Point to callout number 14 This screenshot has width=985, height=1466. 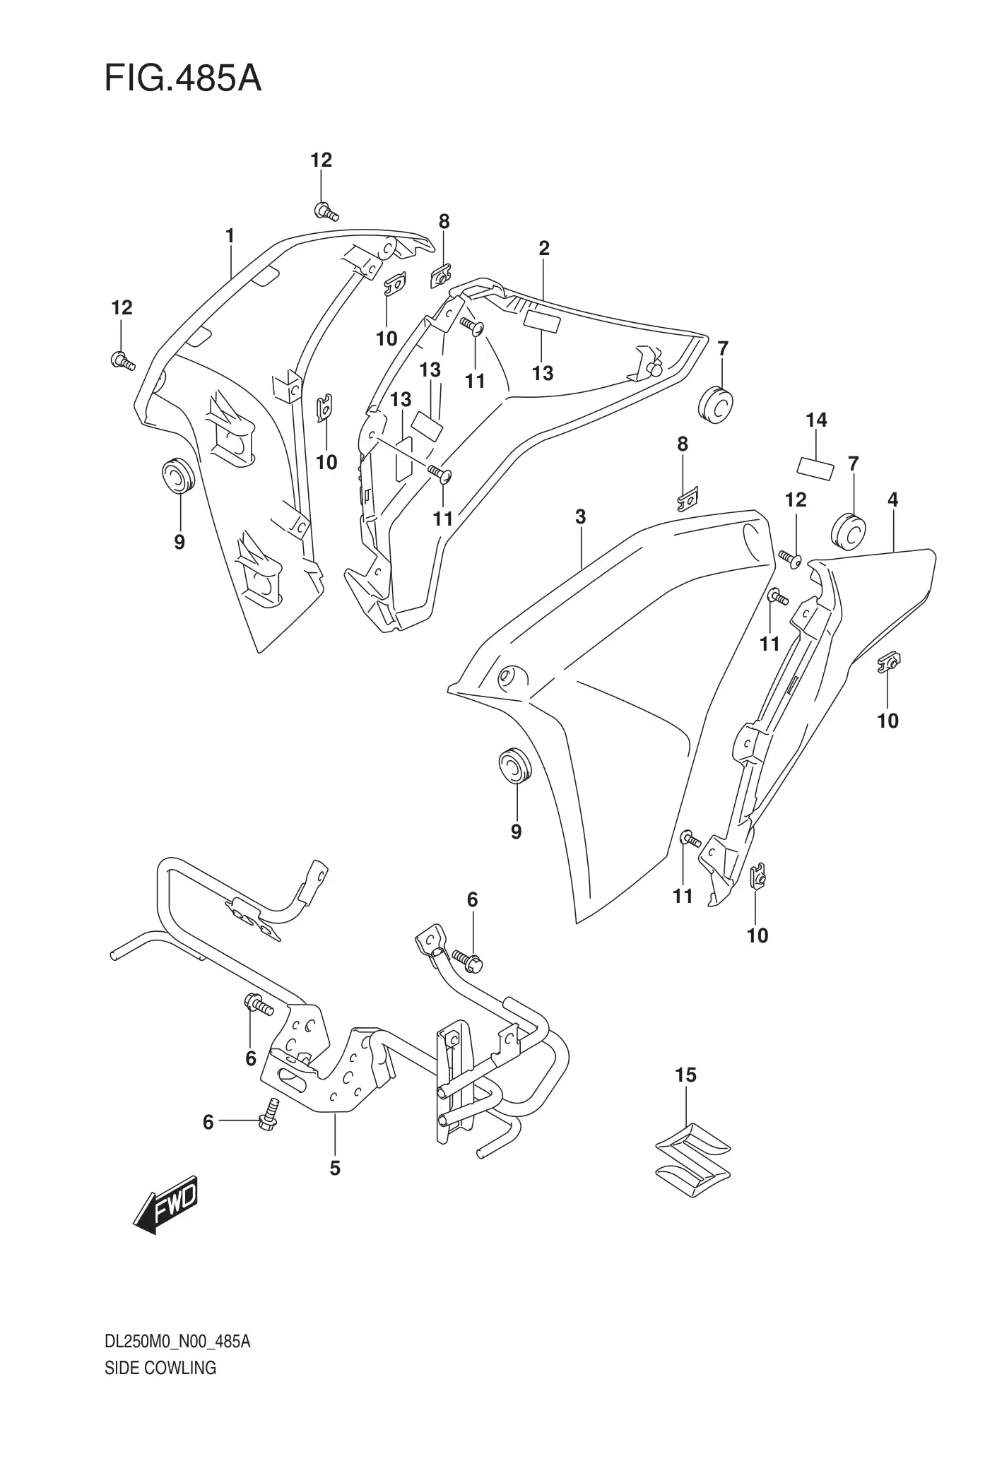(x=816, y=420)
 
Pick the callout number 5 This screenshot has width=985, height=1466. (x=335, y=1169)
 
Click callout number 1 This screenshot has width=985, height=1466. (x=230, y=236)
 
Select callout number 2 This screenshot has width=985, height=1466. (x=543, y=248)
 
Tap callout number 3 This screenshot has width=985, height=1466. (x=580, y=516)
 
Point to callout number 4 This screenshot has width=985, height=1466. (x=892, y=500)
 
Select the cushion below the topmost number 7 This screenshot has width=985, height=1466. (x=716, y=406)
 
